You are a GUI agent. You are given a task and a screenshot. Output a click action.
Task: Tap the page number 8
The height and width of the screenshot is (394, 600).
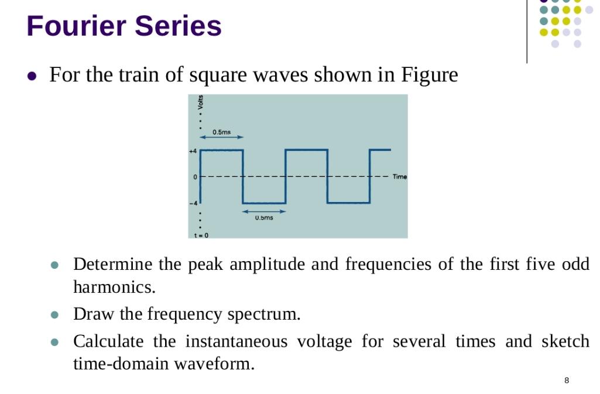(567, 381)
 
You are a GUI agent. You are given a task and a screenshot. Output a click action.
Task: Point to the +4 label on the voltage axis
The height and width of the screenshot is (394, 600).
(192, 151)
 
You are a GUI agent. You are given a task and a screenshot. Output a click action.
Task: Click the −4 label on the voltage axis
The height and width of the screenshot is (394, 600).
(193, 203)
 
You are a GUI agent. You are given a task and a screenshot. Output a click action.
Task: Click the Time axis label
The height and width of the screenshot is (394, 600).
(400, 176)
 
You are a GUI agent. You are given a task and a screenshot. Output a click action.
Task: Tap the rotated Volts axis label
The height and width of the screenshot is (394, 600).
(201, 103)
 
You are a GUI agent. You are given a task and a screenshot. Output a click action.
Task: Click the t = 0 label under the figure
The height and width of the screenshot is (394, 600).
(201, 235)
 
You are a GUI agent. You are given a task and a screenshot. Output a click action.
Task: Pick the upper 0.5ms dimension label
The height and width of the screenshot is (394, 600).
(221, 132)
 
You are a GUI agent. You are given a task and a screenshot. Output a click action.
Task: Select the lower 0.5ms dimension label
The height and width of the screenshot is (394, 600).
(263, 218)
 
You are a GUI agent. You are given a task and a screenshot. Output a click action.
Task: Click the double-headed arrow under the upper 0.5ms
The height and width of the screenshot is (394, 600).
(221, 138)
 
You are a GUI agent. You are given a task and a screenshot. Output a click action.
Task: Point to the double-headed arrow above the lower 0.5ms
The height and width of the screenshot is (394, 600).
(264, 211)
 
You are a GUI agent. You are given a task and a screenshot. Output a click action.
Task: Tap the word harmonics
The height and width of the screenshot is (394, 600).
(114, 287)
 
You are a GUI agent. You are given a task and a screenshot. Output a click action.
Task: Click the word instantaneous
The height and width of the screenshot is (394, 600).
(237, 341)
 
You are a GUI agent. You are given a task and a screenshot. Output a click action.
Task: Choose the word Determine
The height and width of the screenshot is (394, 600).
(113, 264)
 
